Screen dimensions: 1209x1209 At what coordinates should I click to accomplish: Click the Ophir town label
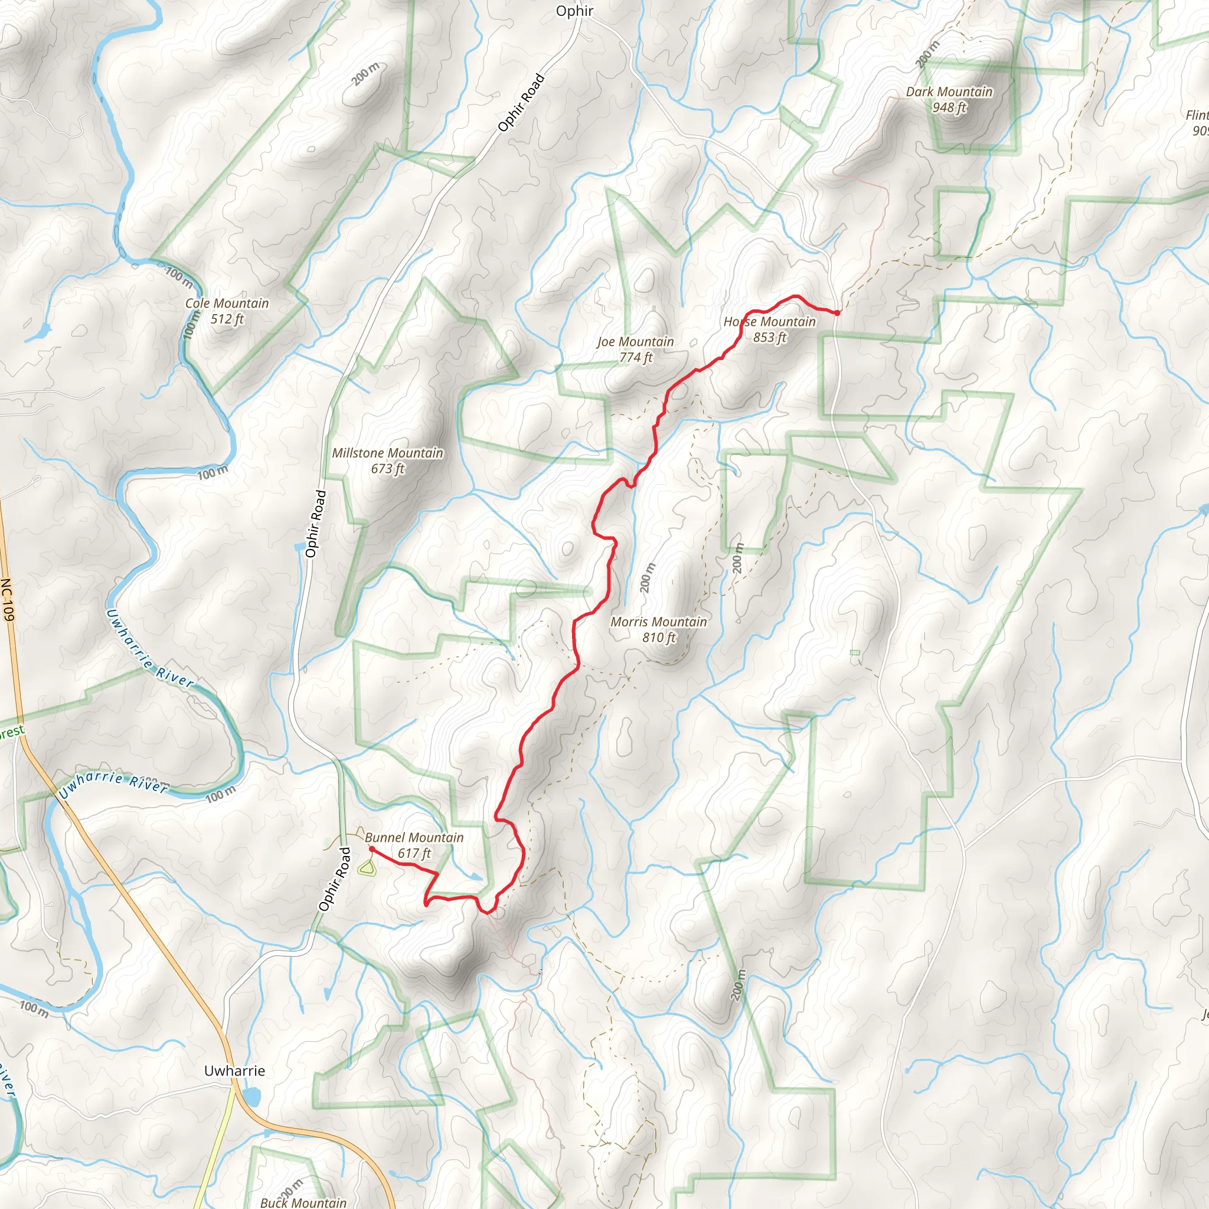[x=574, y=11]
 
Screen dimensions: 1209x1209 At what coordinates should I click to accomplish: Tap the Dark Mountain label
[x=949, y=92]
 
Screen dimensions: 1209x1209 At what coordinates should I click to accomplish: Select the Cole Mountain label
[x=227, y=303]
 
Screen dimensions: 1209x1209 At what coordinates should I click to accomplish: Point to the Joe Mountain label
[x=635, y=342]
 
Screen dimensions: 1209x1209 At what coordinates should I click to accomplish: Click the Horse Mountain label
[x=769, y=322]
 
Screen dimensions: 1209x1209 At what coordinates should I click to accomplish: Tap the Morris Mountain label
[x=658, y=622]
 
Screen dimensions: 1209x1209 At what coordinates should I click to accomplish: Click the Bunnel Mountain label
[x=414, y=838]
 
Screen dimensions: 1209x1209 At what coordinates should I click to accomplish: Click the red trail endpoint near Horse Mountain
[x=837, y=313]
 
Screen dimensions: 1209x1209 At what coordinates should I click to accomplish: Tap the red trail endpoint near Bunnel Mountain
[x=372, y=849]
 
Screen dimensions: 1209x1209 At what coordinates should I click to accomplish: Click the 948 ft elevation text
[x=949, y=107]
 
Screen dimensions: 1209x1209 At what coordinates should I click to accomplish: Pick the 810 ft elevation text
[x=658, y=638]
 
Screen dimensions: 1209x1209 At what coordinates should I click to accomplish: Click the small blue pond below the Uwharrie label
[x=251, y=1096]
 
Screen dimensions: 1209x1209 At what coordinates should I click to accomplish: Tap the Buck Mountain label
[x=303, y=1202]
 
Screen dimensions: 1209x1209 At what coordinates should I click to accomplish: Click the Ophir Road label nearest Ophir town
[x=521, y=103]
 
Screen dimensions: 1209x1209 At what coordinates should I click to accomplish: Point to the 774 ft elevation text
[x=635, y=358]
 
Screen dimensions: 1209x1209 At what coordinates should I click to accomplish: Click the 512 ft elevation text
[x=227, y=319]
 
